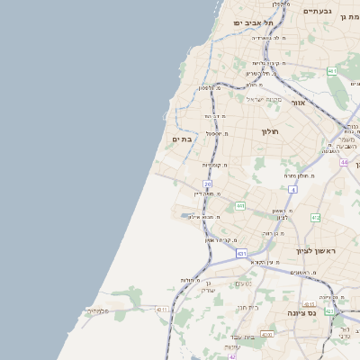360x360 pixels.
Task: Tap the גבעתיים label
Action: tap(318, 11)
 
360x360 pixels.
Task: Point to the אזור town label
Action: tap(298, 103)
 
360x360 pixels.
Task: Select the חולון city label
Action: tap(271, 131)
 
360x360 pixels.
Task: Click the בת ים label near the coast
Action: tap(182, 139)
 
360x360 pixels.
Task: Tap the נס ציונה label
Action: tap(301, 312)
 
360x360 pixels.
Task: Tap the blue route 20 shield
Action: tap(207, 184)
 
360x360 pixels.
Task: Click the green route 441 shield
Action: tap(240, 206)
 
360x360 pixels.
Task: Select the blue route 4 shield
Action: tap(292, 190)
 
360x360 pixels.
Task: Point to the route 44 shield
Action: tap(344, 162)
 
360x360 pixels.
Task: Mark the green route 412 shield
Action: tap(315, 218)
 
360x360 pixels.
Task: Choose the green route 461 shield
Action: tap(332, 70)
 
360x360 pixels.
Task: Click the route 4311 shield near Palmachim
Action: tap(162, 310)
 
